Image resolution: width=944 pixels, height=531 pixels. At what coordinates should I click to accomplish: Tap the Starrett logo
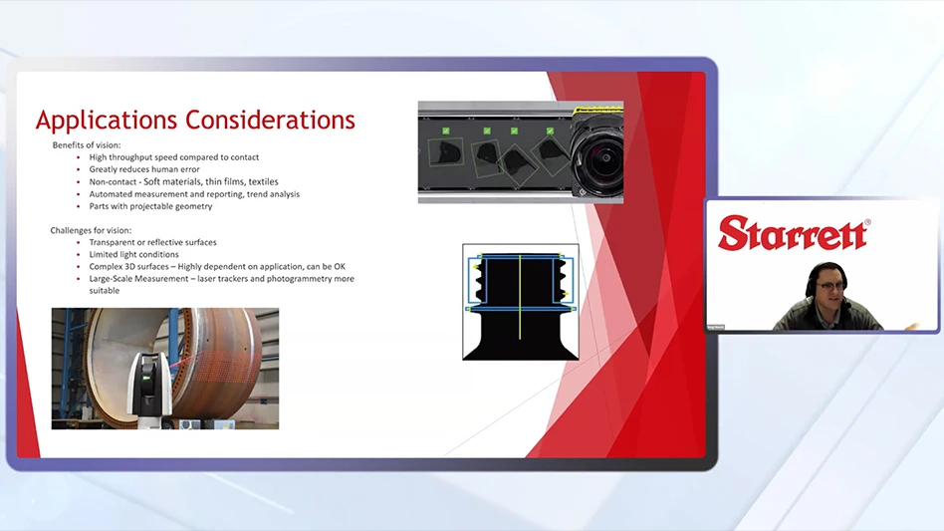794,233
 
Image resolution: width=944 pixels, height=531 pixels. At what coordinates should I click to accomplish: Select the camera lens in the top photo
597,154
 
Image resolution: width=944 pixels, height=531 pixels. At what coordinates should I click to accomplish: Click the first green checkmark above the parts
445,131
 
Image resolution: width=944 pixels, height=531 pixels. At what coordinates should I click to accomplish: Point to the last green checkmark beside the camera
550,131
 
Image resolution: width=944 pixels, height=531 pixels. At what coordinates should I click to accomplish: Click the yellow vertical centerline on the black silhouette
520,298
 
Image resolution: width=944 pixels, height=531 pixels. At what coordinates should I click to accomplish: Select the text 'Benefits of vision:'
86,145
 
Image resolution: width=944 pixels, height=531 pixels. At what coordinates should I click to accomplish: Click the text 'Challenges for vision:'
91,230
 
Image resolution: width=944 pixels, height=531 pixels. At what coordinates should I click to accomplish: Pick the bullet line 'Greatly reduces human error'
144,169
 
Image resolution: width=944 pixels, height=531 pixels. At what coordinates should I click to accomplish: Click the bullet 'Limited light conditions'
133,255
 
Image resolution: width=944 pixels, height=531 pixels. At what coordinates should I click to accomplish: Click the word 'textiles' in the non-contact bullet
263,182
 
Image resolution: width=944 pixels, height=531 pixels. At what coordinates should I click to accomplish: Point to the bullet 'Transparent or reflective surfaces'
153,242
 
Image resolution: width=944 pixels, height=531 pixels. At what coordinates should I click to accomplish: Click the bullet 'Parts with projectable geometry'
150,206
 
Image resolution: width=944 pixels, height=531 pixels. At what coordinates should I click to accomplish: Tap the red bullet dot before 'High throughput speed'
79,157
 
